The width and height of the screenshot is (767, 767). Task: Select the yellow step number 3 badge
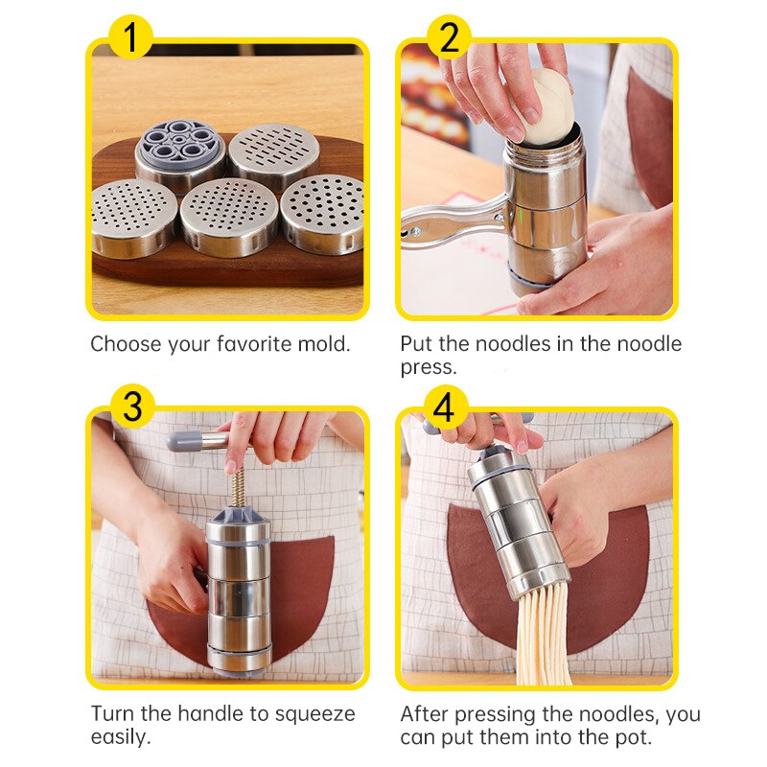coord(133,406)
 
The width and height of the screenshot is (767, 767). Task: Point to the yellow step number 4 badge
coord(443,407)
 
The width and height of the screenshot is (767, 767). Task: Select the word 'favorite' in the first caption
coord(234,344)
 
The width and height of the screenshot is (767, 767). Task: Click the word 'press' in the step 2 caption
coord(427,367)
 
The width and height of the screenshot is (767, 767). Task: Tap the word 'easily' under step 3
coord(121,738)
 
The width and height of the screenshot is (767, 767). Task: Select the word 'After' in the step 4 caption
coord(425,714)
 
